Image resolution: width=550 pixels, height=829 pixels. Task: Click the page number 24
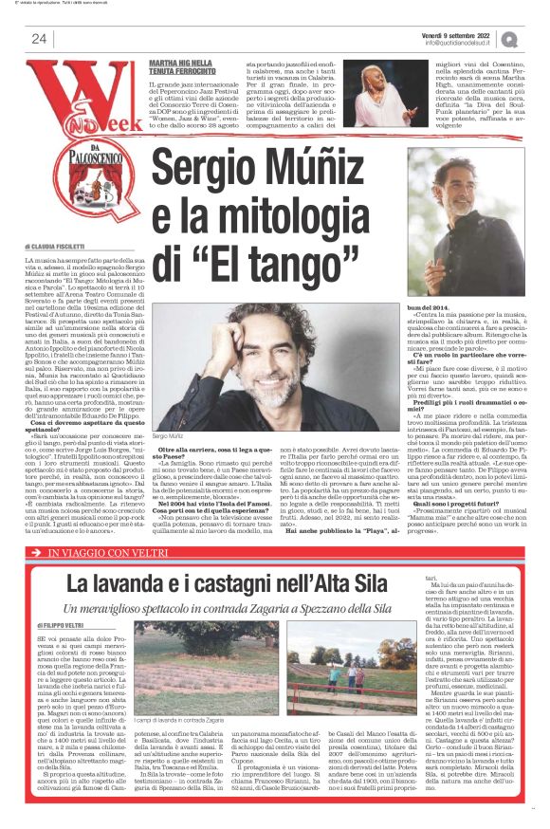point(39,39)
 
